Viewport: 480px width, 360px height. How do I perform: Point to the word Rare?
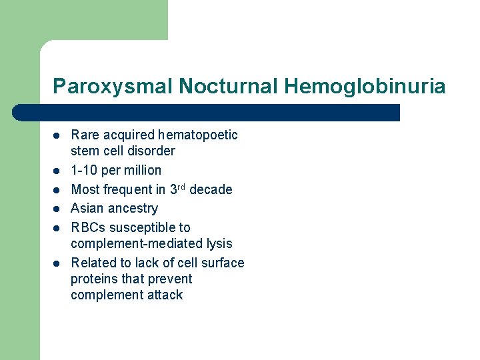coord(85,135)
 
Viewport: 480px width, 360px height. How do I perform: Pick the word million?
coord(141,170)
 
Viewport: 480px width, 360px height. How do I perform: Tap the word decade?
coord(211,189)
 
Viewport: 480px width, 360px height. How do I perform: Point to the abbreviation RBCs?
coord(89,227)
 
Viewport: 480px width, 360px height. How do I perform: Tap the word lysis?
coord(217,243)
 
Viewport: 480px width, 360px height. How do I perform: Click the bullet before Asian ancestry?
coord(57,209)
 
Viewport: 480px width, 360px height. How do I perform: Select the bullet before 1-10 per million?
coord(57,171)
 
